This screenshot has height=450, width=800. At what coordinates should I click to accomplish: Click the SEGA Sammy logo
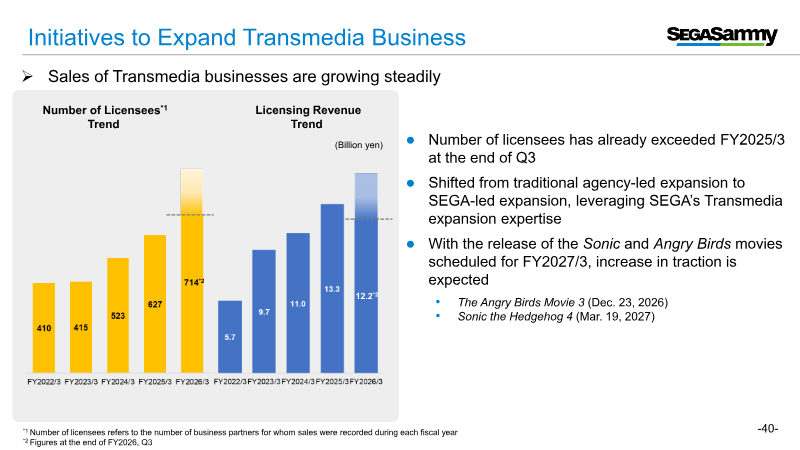(722, 37)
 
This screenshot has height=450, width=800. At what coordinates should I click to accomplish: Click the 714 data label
(192, 283)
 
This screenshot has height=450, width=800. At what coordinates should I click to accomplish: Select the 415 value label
(81, 327)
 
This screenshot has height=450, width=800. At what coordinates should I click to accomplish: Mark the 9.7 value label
(264, 312)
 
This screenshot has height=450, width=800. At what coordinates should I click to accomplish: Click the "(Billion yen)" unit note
(358, 145)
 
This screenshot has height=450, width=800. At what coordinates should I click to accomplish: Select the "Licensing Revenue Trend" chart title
(307, 116)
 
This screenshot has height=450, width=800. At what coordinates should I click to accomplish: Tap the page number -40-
(768, 429)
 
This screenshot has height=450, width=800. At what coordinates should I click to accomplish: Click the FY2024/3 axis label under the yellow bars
(118, 381)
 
